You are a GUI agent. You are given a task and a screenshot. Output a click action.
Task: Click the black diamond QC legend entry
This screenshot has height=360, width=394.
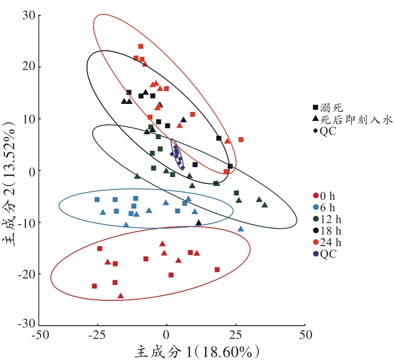click(x=326, y=132)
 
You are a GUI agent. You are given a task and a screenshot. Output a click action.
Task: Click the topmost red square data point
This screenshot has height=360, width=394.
click(x=141, y=47)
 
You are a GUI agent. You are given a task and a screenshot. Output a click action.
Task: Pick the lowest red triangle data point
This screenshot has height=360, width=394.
click(x=120, y=296)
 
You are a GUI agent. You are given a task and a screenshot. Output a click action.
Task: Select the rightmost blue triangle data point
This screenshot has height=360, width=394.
click(x=241, y=229)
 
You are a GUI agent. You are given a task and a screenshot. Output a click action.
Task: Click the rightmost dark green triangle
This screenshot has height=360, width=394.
click(x=265, y=205)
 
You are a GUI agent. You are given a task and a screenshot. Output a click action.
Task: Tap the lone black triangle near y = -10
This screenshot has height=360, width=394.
click(x=198, y=223)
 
